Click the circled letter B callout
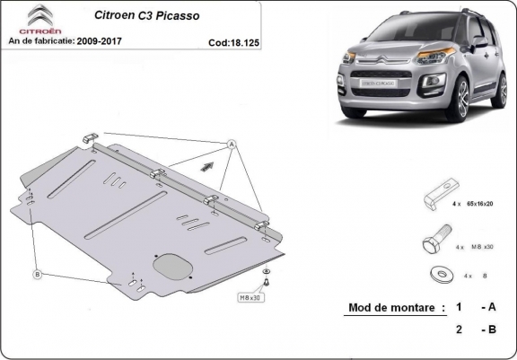pos(37,274)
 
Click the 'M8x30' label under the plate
pos(249,296)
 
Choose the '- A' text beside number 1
pos(488,308)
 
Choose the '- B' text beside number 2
pos(488,329)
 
